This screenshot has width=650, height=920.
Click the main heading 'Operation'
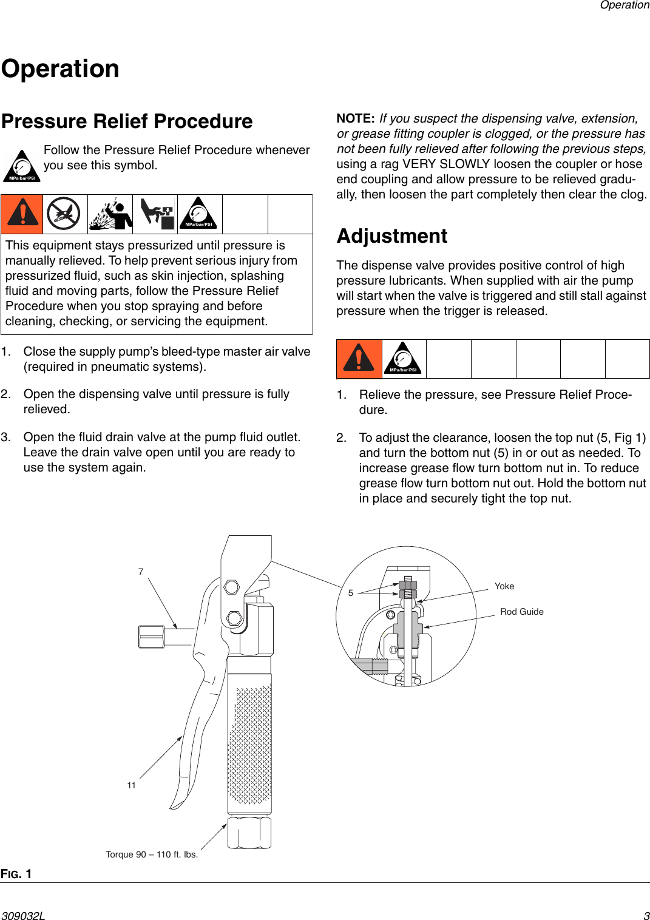pos(61,69)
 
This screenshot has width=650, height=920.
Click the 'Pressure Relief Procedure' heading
pos(127,121)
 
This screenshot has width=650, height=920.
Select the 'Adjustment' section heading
pos(392,236)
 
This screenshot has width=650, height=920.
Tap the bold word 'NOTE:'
pos(356,118)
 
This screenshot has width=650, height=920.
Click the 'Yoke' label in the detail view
pos(504,586)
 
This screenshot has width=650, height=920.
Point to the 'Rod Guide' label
pos(521,612)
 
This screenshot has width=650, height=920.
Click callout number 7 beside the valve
pos(141,572)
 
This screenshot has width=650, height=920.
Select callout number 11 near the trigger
pos(131,785)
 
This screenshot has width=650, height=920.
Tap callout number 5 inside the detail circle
pos(351,593)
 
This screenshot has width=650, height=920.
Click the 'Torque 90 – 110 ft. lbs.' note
pos(152,854)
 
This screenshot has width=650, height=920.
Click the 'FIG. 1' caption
pos(16,874)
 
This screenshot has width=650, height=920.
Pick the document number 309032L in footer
pos(23,916)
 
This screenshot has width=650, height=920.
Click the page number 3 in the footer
pos(646,916)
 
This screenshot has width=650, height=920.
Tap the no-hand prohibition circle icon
pos(64,214)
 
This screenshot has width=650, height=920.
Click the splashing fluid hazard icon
pos(110,214)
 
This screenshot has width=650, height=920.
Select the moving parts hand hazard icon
pos(155,214)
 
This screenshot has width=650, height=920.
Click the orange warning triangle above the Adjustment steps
pos(359,359)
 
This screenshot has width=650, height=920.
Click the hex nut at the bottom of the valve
pos(249,833)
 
